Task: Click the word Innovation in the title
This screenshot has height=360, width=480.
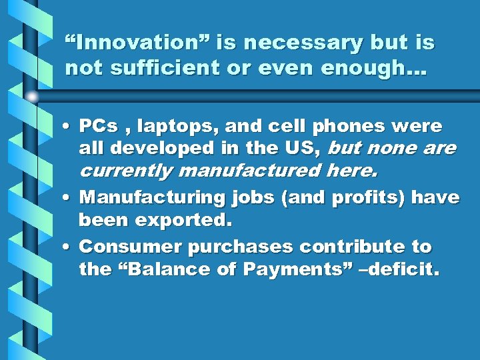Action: tap(123, 43)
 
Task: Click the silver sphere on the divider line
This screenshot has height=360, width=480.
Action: tap(31, 97)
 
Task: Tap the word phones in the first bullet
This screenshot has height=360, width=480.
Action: tap(341, 127)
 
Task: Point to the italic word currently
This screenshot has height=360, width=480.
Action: tap(126, 171)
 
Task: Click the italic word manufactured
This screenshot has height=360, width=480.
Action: tap(249, 171)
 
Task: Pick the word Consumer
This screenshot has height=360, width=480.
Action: tap(131, 247)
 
